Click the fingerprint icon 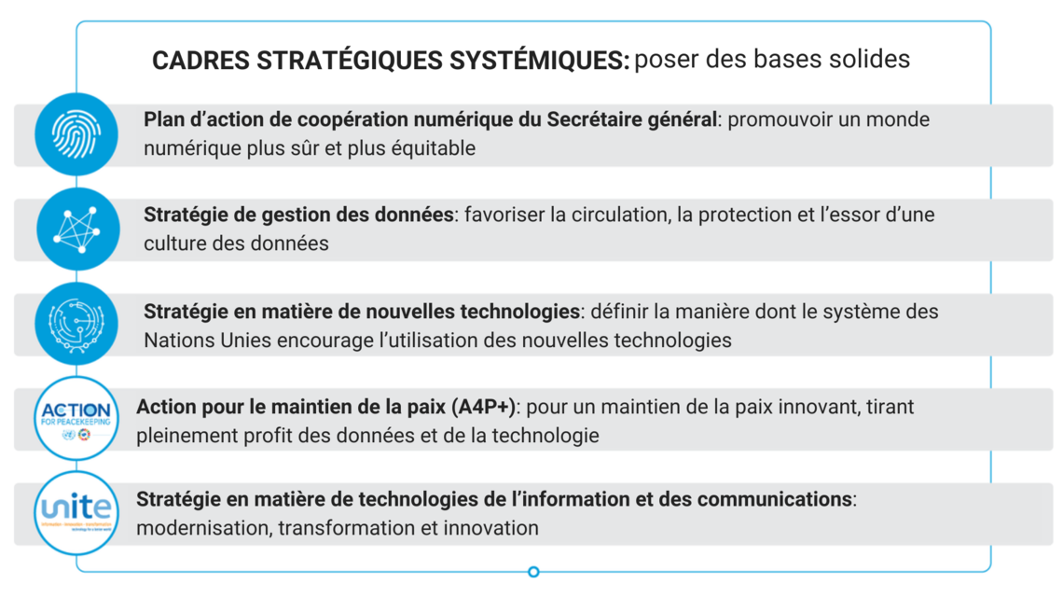[76, 135]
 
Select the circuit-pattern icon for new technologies [76, 324]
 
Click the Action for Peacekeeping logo [76, 417]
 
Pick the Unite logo [76, 511]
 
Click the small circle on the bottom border [533, 572]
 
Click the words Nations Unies [207, 340]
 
